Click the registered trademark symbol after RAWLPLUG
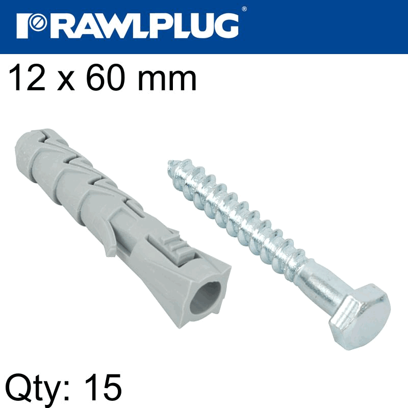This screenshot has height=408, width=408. pyautogui.click(x=244, y=9)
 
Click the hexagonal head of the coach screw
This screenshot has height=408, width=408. pyautogui.click(x=360, y=317)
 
